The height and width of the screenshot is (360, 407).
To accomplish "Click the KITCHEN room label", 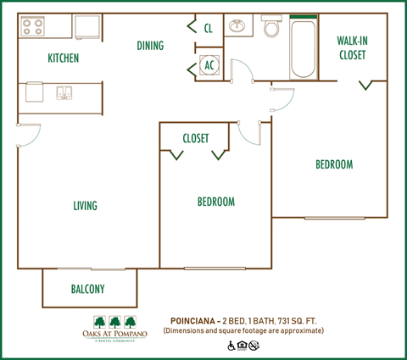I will (x=63, y=58).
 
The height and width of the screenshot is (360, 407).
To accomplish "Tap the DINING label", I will (x=150, y=45).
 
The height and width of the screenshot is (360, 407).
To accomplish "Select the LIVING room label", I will (x=85, y=206).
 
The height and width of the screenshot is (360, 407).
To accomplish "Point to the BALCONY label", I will (x=87, y=289).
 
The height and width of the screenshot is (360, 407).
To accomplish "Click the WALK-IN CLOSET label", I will (x=351, y=47).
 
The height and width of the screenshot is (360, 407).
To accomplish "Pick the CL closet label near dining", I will (x=209, y=27).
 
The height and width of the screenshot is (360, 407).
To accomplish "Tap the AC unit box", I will (x=209, y=65).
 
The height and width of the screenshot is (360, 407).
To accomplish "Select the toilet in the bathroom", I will (x=271, y=28).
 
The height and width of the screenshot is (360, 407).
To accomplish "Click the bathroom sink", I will (x=238, y=25).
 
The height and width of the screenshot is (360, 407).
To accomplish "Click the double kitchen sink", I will (x=64, y=91).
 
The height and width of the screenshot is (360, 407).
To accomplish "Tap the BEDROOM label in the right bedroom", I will (x=334, y=164).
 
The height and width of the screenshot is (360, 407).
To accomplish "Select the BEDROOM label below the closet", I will (x=215, y=202).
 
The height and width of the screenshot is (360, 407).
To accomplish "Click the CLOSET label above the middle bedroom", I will (x=195, y=138).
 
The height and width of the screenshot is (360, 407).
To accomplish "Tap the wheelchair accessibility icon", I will (x=230, y=346).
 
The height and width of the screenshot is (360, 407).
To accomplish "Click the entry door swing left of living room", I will (x=29, y=136).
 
